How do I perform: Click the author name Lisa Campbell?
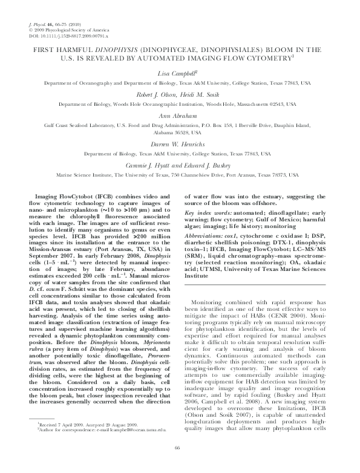click(x=180, y=72)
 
